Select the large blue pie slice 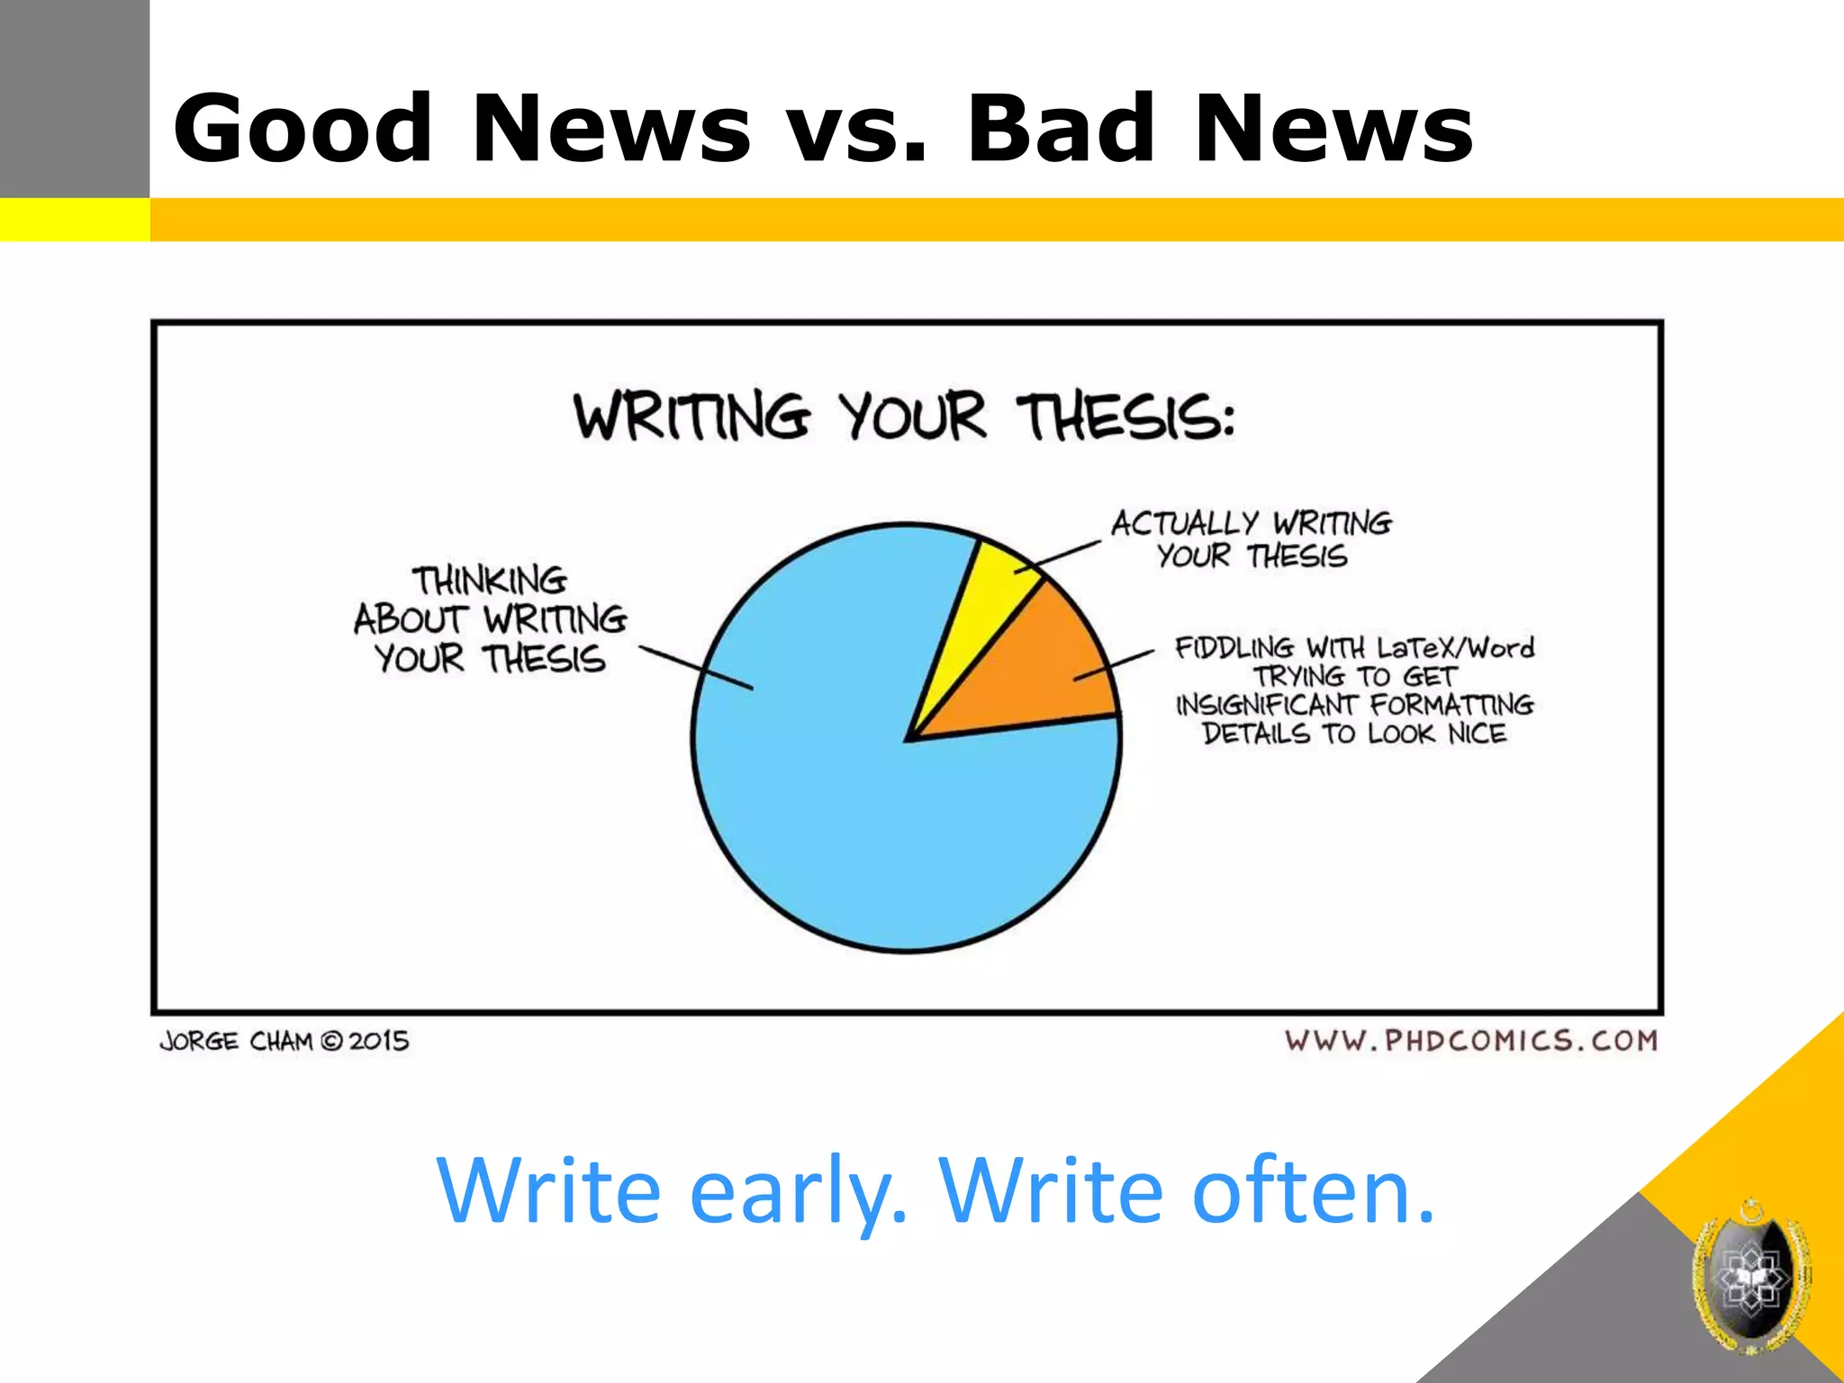864,810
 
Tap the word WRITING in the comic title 691,417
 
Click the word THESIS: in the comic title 1125,417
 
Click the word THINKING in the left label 490,581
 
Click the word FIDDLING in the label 1234,647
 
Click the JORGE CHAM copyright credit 285,1042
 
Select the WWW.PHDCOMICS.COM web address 1471,1041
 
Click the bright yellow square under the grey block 74,220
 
